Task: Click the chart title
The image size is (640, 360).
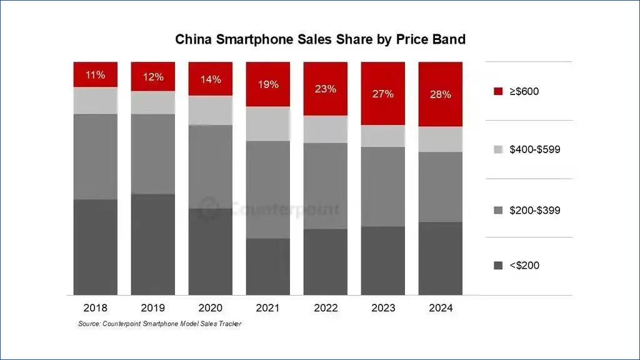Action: (x=320, y=39)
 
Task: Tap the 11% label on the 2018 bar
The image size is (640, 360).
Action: (x=95, y=75)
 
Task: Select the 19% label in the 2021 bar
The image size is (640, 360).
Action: (x=267, y=84)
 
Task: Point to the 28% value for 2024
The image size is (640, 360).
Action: (x=440, y=94)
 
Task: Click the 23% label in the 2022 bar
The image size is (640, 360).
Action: (x=325, y=89)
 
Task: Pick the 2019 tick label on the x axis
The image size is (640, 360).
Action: (x=152, y=308)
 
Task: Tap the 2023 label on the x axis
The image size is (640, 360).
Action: (x=382, y=308)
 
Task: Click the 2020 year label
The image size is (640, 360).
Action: (x=210, y=308)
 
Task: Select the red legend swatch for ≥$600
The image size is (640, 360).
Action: (x=498, y=91)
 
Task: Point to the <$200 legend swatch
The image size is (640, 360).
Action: (x=498, y=266)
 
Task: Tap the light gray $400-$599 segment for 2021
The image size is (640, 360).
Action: (x=267, y=124)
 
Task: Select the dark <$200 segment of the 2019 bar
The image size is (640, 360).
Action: (x=152, y=244)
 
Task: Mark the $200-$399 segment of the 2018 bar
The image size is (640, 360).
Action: (x=95, y=156)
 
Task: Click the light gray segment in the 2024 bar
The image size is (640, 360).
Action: (x=440, y=139)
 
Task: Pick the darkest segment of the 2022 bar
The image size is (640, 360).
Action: (x=325, y=262)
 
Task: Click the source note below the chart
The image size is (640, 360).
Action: (x=159, y=324)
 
